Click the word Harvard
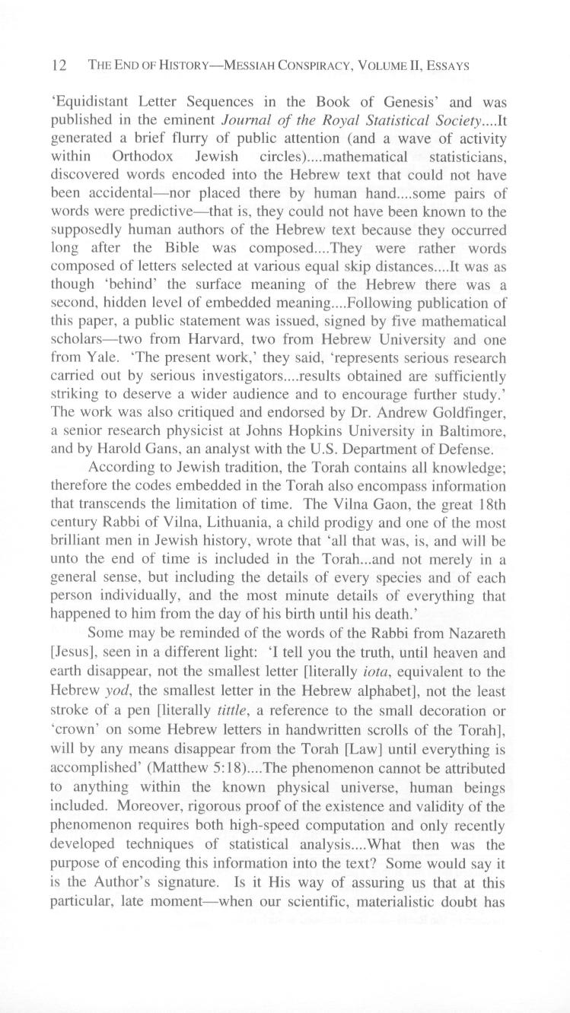tap(196, 339)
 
